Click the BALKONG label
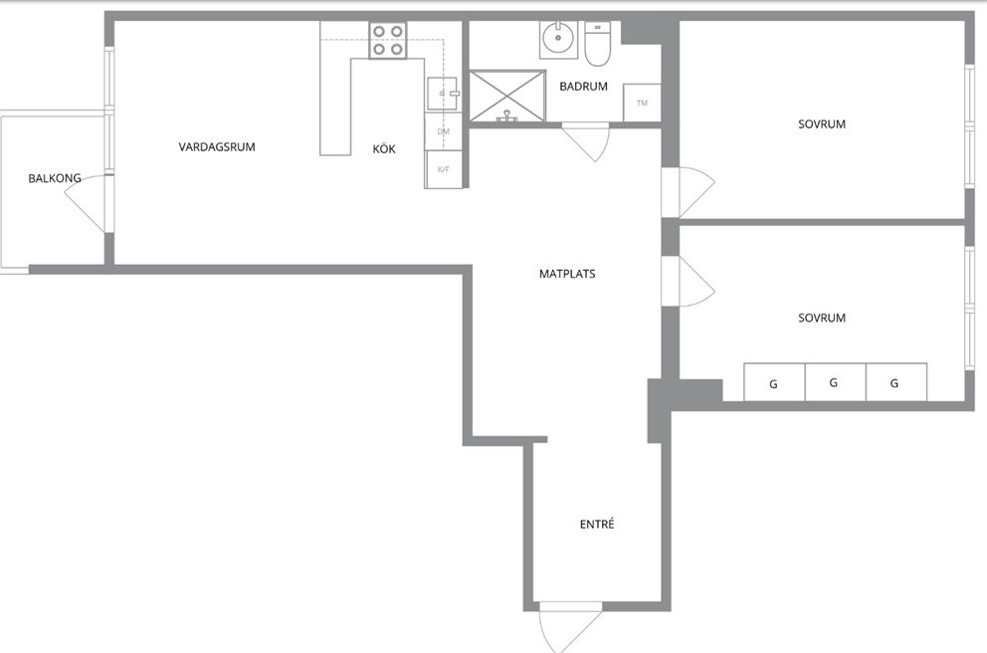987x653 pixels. pos(55,178)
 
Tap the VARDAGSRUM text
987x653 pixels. pos(217,147)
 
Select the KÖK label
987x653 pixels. pos(384,149)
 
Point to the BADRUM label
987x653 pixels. pos(583,87)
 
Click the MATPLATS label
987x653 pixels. pos(567,274)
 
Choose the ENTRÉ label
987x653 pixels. pos(597,524)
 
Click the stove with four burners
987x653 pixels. pos(388,40)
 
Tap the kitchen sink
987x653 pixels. pos(443,94)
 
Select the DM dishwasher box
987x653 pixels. pos(443,131)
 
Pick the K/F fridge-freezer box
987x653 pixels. pos(443,169)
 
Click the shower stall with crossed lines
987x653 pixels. pos(507,96)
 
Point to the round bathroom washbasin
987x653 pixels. pos(558,39)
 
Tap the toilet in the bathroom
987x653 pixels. pos(597,44)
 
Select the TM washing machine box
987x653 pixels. pos(642,103)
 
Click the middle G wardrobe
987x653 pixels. pos(836,381)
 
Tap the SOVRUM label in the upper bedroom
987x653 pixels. pos(822,124)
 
